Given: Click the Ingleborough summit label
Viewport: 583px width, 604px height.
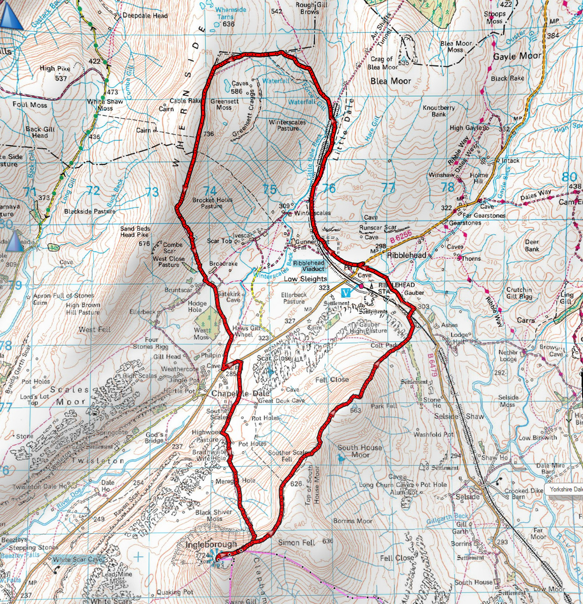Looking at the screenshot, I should tap(211, 544).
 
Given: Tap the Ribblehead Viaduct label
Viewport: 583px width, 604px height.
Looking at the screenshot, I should tap(309, 266).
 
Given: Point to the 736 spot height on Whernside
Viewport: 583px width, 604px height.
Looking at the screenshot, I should tap(209, 134).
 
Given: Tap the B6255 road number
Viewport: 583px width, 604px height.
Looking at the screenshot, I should tap(401, 236).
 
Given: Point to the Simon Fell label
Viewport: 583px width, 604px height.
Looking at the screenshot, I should tap(297, 542).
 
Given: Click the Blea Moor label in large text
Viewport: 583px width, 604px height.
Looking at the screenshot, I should tap(390, 81).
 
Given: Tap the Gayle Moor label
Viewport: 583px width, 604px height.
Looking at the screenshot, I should tap(517, 56).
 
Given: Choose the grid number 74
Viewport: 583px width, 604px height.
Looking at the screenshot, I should tap(210, 190).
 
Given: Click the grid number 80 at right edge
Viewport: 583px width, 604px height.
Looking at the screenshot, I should tap(569, 177).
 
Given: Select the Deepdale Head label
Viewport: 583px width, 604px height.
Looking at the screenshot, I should tap(145, 15).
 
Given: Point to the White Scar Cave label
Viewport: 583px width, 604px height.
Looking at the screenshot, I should tap(78, 559).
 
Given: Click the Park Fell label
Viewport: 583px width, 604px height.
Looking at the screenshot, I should tap(384, 406).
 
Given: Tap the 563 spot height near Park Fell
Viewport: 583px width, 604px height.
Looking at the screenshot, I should tap(355, 410).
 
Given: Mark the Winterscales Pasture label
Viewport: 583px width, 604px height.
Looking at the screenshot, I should tap(287, 125).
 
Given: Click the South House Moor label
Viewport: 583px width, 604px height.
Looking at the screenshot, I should tap(360, 451).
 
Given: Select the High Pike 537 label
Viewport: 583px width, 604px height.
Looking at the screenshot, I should tap(55, 73).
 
